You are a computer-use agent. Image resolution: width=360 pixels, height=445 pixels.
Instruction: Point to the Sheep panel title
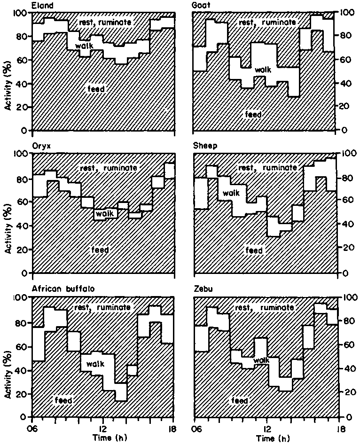click(203, 146)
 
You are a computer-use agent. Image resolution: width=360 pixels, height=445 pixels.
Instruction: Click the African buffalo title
click(63, 289)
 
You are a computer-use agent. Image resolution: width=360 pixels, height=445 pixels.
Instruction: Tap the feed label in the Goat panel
click(253, 114)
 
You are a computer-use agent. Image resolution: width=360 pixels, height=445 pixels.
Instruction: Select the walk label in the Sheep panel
click(231, 193)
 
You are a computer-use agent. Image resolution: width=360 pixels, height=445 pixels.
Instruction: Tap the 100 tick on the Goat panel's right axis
click(347, 13)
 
